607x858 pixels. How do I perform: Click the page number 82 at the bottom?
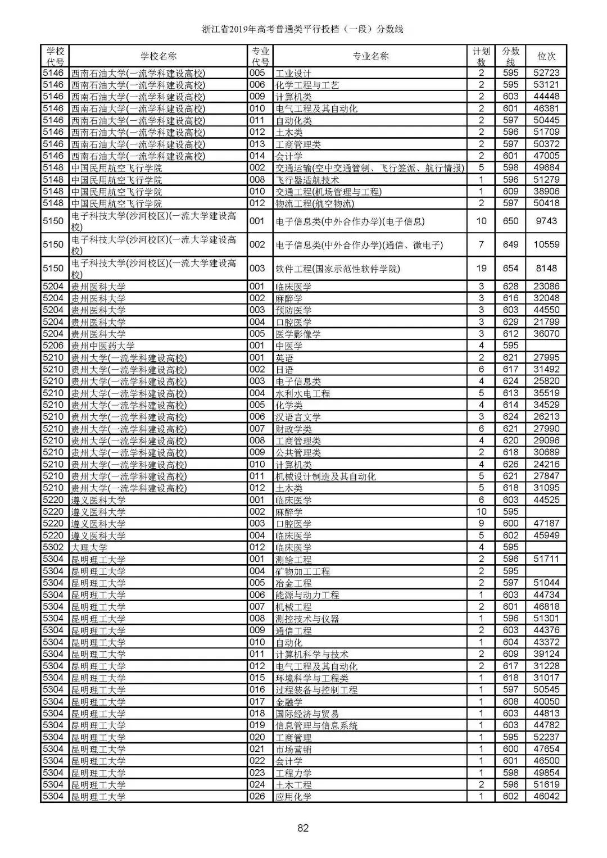click(303, 828)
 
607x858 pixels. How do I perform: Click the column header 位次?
click(546, 56)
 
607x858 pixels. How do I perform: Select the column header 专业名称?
click(370, 56)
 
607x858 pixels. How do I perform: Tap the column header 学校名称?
click(158, 56)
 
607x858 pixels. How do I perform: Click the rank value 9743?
click(546, 221)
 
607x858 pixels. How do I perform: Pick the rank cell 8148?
click(546, 269)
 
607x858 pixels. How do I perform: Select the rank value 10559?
click(546, 245)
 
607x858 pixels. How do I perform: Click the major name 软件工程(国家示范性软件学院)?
click(338, 269)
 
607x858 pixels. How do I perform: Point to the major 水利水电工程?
click(302, 393)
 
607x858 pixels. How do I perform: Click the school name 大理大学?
click(89, 547)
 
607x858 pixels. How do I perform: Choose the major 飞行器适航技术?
click(307, 180)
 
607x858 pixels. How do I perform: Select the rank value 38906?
click(546, 192)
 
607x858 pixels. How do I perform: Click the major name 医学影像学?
click(298, 334)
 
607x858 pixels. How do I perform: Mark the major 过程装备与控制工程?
click(316, 690)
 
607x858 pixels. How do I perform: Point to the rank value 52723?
click(546, 73)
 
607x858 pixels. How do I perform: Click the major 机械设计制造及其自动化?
click(325, 476)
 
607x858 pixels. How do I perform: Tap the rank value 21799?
click(546, 322)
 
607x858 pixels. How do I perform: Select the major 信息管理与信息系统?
click(316, 725)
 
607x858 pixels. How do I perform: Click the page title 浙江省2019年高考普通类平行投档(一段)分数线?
click(303, 29)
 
